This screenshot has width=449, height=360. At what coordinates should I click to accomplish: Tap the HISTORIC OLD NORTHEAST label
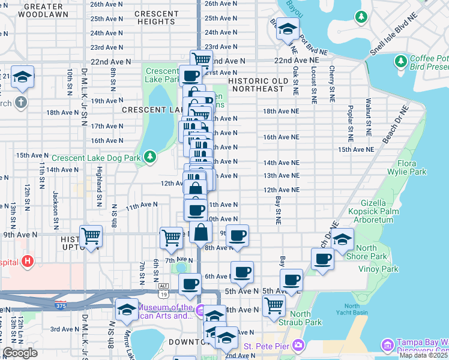(x=255, y=84)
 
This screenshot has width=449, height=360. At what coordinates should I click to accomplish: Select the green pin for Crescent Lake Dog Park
(x=150, y=158)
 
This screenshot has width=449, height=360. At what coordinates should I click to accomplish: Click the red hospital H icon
(x=27, y=262)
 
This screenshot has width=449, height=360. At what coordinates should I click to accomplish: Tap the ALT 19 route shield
(x=163, y=290)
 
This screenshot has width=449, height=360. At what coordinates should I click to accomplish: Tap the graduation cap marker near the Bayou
(x=288, y=29)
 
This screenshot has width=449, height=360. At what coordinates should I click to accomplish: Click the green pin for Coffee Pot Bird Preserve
(x=400, y=61)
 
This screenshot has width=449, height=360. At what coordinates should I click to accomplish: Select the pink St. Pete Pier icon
(x=299, y=346)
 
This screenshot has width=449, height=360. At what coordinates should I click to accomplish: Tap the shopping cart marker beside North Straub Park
(x=274, y=305)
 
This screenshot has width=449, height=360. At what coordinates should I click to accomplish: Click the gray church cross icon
(x=22, y=101)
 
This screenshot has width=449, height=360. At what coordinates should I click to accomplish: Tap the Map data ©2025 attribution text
(x=424, y=355)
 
